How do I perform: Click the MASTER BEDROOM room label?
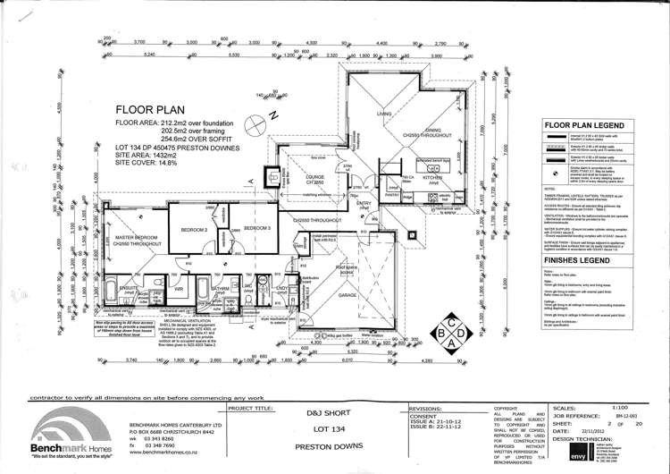pyautogui.click(x=135, y=235)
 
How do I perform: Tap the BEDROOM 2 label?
pyautogui.click(x=195, y=230)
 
